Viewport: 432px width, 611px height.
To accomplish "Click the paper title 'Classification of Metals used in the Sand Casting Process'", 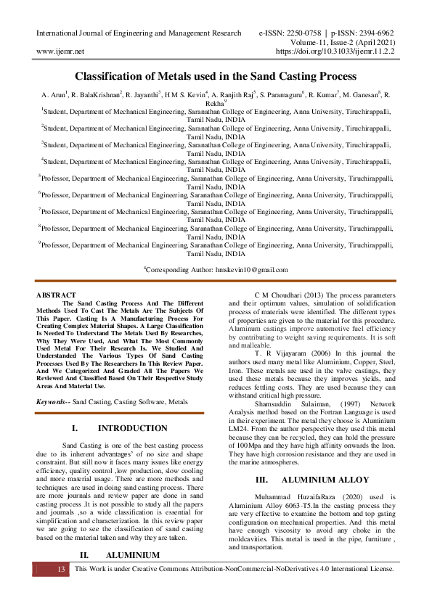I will [x=216, y=75].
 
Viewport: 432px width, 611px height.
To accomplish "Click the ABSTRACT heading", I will [x=56, y=295].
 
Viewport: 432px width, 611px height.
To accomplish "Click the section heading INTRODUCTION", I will [x=132, y=428].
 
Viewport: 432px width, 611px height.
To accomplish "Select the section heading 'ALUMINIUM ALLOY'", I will [x=325, y=480].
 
